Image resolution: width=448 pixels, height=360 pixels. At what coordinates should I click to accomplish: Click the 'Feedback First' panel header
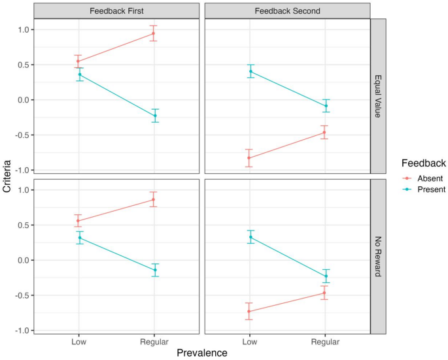pyautogui.click(x=116, y=10)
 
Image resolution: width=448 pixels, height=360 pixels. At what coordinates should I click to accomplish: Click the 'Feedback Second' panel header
pyautogui.click(x=287, y=10)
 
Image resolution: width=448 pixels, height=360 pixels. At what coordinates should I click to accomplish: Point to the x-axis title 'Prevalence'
pyautogui.click(x=202, y=353)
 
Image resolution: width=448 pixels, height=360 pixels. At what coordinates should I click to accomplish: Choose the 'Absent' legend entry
pyautogui.click(x=422, y=178)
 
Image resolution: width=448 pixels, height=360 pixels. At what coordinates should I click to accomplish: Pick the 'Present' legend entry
pyautogui.click(x=422, y=189)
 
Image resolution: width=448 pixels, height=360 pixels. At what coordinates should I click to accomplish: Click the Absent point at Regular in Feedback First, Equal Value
pyautogui.click(x=154, y=33)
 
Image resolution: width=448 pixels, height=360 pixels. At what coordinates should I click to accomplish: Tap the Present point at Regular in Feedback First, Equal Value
pyautogui.click(x=155, y=116)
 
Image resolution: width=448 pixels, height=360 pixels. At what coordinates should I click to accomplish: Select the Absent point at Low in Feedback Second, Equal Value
pyautogui.click(x=249, y=158)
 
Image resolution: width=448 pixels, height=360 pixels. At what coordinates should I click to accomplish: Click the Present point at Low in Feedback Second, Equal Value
pyautogui.click(x=250, y=71)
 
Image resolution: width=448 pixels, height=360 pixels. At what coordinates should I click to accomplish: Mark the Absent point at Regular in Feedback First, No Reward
pyautogui.click(x=154, y=200)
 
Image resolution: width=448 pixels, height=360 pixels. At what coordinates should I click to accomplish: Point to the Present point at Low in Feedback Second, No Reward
pyautogui.click(x=250, y=237)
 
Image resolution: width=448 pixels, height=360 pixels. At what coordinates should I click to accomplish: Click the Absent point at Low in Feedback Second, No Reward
pyautogui.click(x=249, y=311)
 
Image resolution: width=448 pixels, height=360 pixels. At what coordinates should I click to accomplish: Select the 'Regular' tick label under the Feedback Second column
pyautogui.click(x=325, y=342)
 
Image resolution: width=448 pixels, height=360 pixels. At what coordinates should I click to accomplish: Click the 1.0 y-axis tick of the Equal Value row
pyautogui.click(x=24, y=30)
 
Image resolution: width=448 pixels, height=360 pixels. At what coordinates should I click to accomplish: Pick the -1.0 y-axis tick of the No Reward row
pyautogui.click(x=22, y=331)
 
